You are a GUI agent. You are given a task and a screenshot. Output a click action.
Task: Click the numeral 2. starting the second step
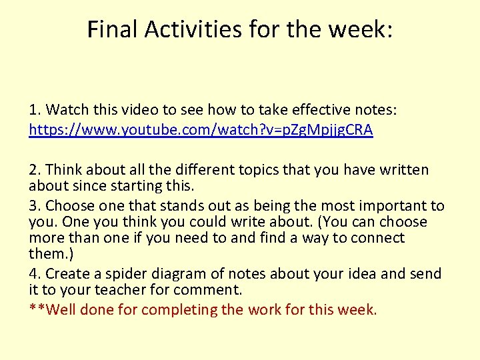point(35,170)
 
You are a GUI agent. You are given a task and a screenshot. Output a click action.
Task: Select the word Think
point(63,170)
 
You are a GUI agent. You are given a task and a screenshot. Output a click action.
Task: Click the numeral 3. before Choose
point(35,205)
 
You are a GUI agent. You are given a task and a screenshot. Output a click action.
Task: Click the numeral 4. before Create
point(35,273)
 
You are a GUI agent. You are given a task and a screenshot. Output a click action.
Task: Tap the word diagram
point(175,273)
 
